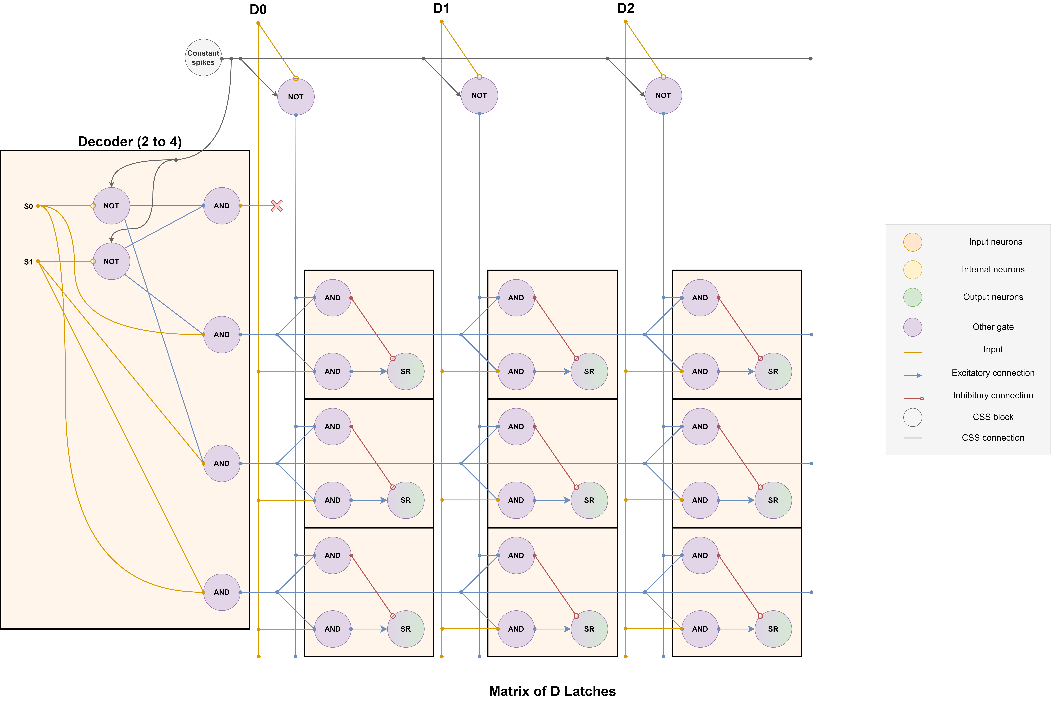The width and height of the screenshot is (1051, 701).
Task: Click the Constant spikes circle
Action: (203, 58)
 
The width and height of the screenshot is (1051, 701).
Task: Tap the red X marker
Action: (277, 206)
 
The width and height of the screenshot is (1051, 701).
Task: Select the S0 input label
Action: (28, 206)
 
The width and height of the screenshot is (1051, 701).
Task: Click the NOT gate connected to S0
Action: (111, 206)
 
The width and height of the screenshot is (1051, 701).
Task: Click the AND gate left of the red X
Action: (222, 206)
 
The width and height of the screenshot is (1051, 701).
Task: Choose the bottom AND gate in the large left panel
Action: (222, 592)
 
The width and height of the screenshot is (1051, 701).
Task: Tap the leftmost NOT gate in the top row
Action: (296, 97)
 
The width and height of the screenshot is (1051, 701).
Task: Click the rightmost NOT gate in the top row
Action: (663, 95)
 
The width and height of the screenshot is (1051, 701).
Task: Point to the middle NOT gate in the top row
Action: (479, 95)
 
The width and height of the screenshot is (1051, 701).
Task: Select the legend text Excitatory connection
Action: (993, 373)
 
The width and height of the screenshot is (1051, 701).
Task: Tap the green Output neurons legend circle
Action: (912, 297)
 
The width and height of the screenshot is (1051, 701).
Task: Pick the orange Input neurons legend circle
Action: (912, 242)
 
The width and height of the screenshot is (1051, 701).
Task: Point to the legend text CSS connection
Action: (993, 438)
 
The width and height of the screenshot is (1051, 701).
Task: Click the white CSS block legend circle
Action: (912, 417)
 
